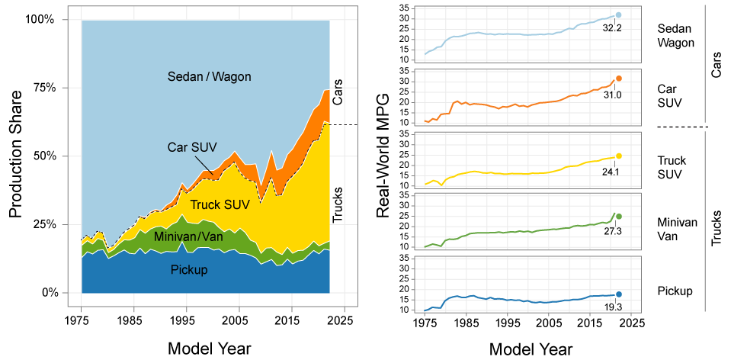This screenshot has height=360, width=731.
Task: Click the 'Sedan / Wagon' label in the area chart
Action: [209, 76]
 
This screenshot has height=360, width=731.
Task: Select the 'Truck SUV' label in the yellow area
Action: [220, 204]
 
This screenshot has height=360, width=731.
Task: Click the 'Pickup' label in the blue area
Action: [189, 269]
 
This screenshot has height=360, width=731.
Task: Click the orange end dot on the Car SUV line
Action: [619, 79]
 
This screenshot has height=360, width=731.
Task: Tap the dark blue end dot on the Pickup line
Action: [619, 294]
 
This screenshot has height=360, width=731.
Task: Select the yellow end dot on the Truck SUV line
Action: [619, 156]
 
